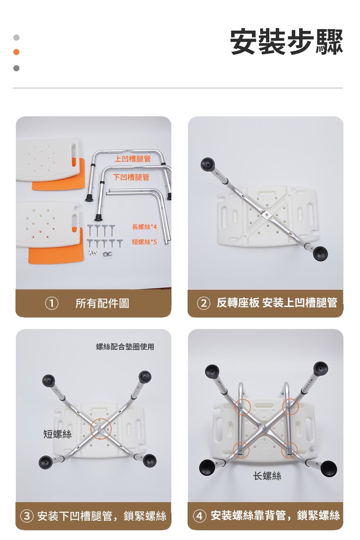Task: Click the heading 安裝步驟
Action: point(286,42)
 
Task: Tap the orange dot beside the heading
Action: point(16,52)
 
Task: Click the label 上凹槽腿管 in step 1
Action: point(132,159)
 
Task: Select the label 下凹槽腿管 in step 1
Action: point(131,177)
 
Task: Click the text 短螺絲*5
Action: point(144,241)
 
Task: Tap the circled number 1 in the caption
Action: point(52,303)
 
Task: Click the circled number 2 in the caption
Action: point(204,303)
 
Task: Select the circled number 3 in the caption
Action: point(27,516)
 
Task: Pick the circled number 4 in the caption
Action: point(199,516)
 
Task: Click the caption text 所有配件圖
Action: point(102,303)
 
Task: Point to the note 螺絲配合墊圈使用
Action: point(125,346)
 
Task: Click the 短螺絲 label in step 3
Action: point(57,434)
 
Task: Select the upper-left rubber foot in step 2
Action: point(207,164)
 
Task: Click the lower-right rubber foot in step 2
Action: point(321,253)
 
